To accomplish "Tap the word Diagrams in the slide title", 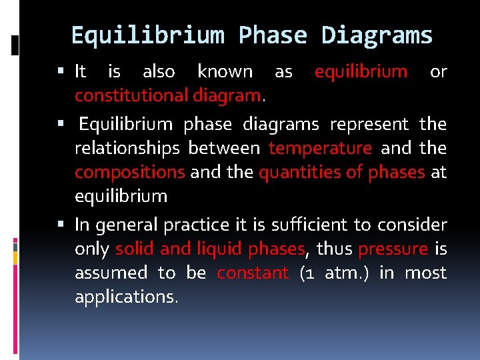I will tap(377, 35).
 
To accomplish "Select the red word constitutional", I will tap(132, 96).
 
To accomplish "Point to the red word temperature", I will tap(320, 148).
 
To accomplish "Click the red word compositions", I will tap(129, 173).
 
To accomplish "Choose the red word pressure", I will tap(393, 249).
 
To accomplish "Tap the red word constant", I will tap(253, 273).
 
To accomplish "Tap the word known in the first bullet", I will tap(225, 71).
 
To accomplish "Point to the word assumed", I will tap(111, 273).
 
